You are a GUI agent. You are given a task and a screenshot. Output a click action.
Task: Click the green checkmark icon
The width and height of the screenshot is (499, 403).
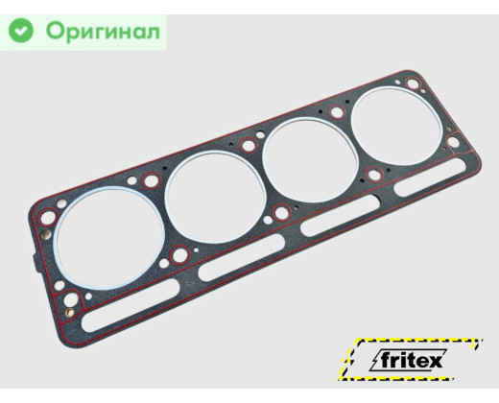(x=21, y=31)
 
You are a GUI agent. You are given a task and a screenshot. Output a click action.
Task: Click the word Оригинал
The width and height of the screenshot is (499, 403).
(x=103, y=32)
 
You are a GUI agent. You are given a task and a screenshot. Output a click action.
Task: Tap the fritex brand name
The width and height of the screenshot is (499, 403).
(x=411, y=361)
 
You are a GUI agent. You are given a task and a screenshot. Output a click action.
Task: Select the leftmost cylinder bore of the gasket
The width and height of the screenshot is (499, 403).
(x=108, y=238)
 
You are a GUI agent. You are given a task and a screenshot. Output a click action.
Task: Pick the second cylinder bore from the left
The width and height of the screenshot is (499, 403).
(x=215, y=197)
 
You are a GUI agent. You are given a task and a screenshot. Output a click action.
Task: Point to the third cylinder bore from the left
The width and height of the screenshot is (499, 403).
(x=310, y=160)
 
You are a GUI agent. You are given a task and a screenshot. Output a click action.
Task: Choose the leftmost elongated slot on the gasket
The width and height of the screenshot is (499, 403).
(x=131, y=305)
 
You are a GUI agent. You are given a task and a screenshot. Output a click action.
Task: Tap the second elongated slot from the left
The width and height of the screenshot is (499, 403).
(x=242, y=257)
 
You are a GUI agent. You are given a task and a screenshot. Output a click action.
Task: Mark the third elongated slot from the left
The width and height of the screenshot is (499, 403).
(x=341, y=215)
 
